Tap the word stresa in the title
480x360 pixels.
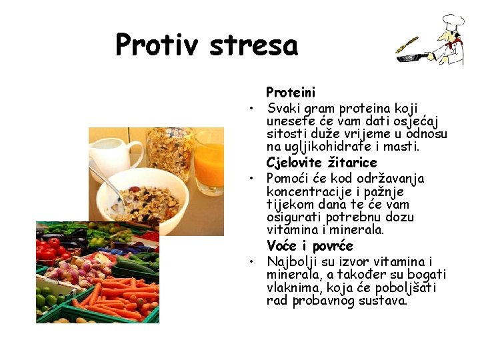point(253,45)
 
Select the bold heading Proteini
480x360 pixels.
point(291,92)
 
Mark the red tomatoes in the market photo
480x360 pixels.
point(50,251)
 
